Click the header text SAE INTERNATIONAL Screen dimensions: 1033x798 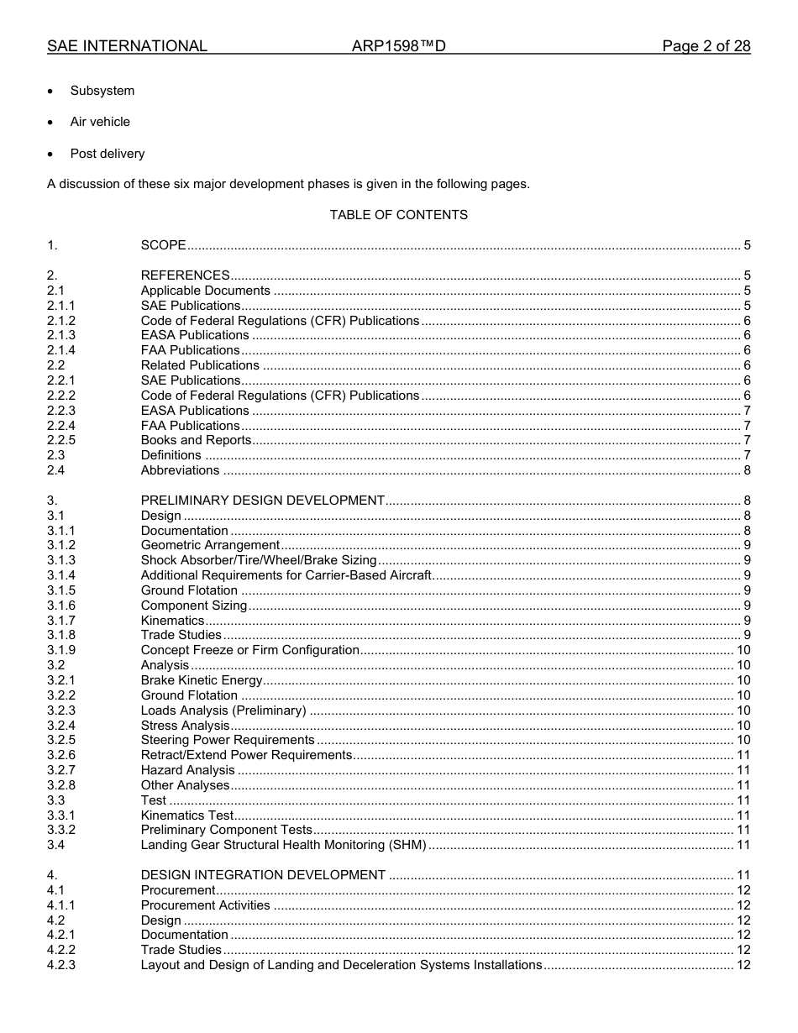[127, 46]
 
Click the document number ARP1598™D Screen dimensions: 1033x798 [398, 46]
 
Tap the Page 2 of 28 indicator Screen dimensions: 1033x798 [706, 46]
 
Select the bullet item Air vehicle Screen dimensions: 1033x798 [100, 122]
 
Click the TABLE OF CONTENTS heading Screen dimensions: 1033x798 [398, 215]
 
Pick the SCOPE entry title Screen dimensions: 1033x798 [163, 245]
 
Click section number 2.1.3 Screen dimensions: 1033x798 [61, 335]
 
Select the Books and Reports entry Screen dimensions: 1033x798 [196, 440]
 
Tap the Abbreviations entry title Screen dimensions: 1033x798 [180, 470]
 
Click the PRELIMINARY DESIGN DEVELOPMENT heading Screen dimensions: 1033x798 [262, 501]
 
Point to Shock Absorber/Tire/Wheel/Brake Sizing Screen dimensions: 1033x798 [259, 560]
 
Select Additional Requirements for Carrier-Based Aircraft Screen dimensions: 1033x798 [286, 575]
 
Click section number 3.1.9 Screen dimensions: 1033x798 [61, 650]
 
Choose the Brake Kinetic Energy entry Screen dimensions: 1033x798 [202, 680]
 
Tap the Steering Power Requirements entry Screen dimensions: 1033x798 [228, 740]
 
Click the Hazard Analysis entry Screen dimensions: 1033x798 [187, 770]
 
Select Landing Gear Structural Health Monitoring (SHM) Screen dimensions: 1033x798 [283, 845]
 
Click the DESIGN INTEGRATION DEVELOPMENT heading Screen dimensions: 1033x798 [263, 875]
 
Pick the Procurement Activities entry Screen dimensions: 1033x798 [205, 905]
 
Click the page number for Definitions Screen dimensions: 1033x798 [747, 455]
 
